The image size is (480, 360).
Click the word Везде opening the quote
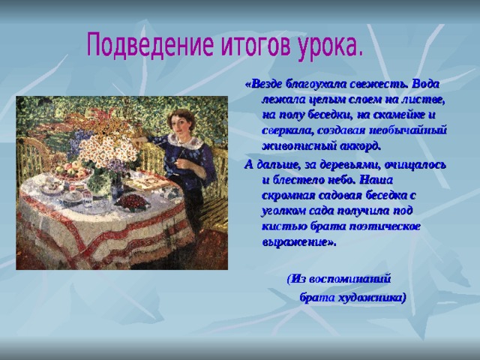coord(266,84)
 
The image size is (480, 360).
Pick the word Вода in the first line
coord(426,84)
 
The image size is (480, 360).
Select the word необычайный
coord(408,130)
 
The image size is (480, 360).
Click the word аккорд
coord(361,146)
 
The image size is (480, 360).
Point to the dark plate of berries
coord(132,202)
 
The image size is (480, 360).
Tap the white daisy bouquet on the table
coord(107,150)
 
